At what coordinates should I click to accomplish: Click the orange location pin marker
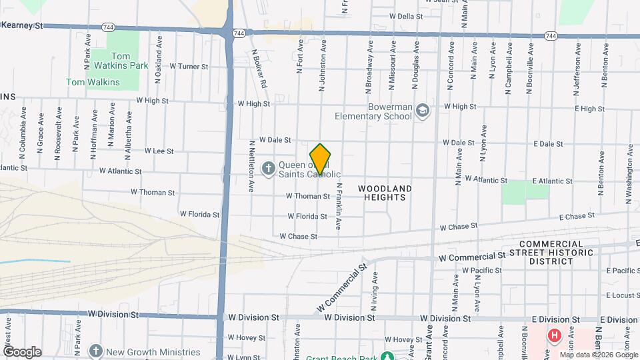(x=320, y=159)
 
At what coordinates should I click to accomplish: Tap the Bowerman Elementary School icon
(x=422, y=110)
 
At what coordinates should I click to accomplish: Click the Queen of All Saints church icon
(x=268, y=167)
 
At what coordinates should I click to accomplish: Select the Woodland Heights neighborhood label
(x=385, y=193)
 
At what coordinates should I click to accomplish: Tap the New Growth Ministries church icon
(x=96, y=351)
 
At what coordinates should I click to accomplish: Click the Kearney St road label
(x=22, y=25)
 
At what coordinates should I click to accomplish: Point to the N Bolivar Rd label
(x=259, y=68)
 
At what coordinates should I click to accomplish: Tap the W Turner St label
(x=189, y=67)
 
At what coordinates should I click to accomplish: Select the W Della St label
(x=406, y=16)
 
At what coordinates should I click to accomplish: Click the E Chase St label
(x=577, y=217)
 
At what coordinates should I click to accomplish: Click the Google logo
(x=22, y=351)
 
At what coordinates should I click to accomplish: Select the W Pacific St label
(x=481, y=270)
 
